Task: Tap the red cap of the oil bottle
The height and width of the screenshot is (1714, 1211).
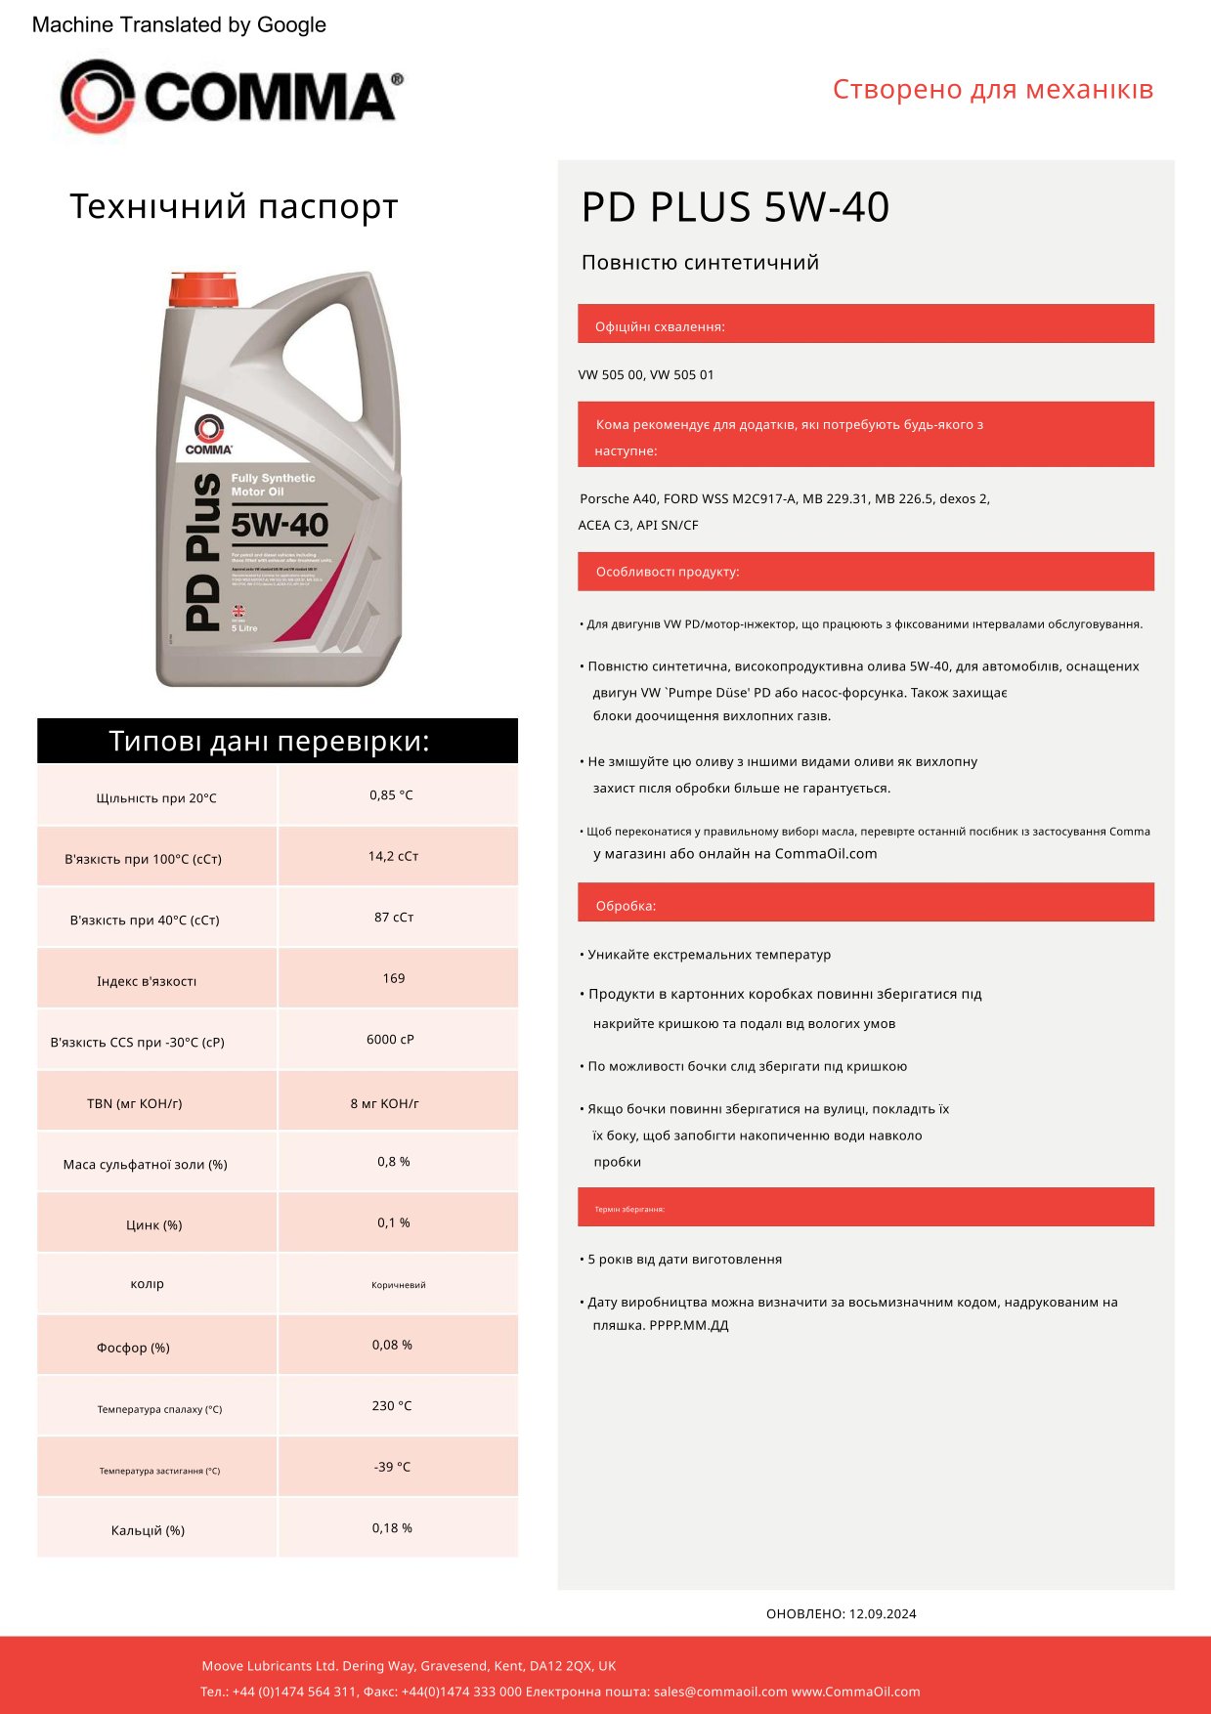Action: click(x=202, y=289)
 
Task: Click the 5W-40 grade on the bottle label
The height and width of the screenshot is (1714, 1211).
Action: click(x=280, y=525)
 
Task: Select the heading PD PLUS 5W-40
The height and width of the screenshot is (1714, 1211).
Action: click(x=735, y=207)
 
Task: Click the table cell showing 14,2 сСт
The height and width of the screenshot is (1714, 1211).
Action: click(x=393, y=856)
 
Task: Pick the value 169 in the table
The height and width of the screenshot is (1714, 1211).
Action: click(x=394, y=978)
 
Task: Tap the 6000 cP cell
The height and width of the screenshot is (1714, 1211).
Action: click(x=390, y=1040)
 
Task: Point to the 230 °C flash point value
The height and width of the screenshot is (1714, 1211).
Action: click(x=392, y=1406)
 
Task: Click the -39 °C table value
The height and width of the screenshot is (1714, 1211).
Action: click(x=392, y=1467)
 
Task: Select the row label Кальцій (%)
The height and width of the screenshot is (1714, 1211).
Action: click(x=148, y=1530)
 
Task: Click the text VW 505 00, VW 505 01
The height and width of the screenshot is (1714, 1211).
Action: click(x=646, y=375)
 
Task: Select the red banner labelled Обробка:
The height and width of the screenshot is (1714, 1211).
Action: click(x=865, y=903)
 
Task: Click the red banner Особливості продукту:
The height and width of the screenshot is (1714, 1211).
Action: click(x=865, y=572)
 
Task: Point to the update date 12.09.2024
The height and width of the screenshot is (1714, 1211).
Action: click(x=883, y=1613)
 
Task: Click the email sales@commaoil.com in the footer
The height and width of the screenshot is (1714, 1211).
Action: click(x=720, y=1692)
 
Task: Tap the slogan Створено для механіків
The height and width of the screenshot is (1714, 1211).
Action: click(x=993, y=90)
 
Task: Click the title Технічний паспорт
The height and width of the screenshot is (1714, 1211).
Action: click(x=234, y=207)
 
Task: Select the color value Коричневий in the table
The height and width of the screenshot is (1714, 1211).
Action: click(x=399, y=1285)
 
